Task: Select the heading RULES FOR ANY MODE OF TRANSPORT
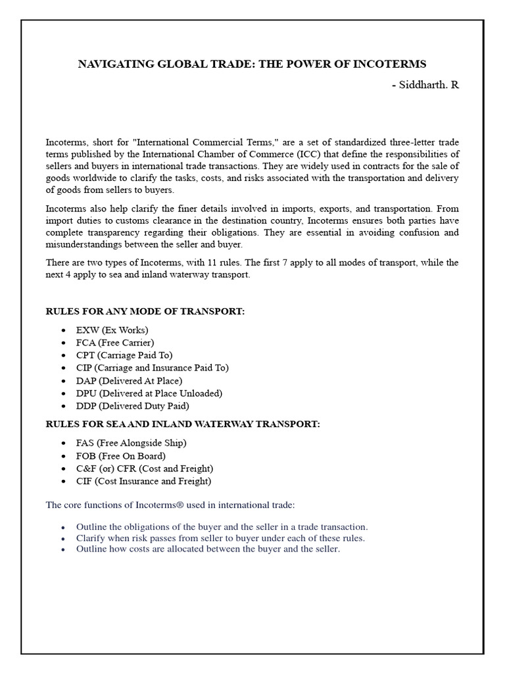(144, 311)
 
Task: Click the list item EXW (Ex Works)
(112, 330)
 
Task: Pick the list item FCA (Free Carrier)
(114, 342)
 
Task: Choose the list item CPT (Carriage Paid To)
(124, 355)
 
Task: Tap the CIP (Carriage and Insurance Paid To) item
(152, 368)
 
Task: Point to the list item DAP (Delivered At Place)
(129, 380)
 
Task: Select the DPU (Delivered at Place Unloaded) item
(149, 393)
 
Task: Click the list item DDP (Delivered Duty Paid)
(132, 405)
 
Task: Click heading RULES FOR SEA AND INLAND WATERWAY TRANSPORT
(182, 425)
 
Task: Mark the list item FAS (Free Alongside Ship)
(131, 443)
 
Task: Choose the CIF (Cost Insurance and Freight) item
(143, 481)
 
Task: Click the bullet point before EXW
(62, 330)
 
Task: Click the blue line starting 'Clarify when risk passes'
(220, 538)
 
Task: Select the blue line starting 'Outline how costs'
(208, 549)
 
